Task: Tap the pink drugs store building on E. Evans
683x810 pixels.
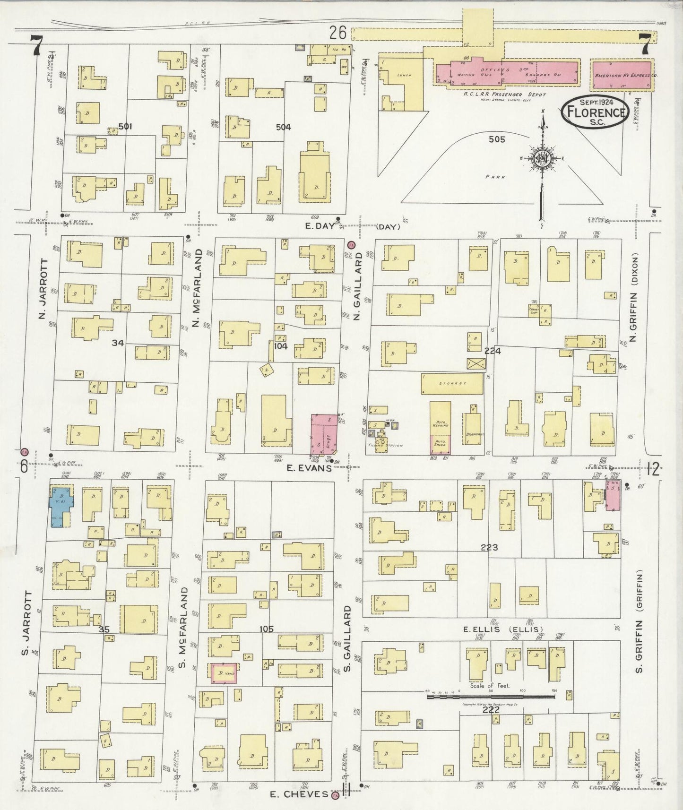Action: pyautogui.click(x=324, y=434)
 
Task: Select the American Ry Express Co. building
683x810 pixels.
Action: pyautogui.click(x=622, y=75)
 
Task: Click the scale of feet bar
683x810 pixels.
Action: pyautogui.click(x=492, y=696)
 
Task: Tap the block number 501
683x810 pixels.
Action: pyautogui.click(x=125, y=127)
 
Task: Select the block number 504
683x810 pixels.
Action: pyautogui.click(x=284, y=127)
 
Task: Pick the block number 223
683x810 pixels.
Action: pyautogui.click(x=489, y=547)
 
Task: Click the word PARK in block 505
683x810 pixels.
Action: pyautogui.click(x=495, y=177)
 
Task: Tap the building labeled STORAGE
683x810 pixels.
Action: pyautogui.click(x=452, y=383)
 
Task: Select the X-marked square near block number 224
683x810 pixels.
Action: pyautogui.click(x=476, y=363)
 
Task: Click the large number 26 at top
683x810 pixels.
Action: pyautogui.click(x=338, y=33)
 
